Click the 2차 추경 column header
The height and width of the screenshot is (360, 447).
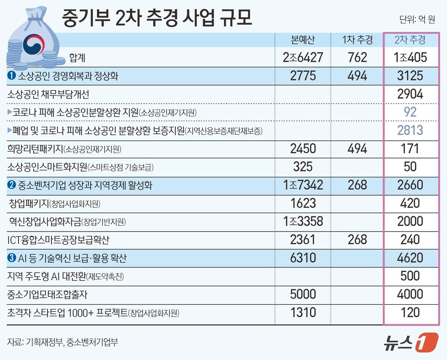click(x=410, y=40)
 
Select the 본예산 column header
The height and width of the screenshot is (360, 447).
click(x=303, y=40)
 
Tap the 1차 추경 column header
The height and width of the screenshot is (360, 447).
click(x=357, y=40)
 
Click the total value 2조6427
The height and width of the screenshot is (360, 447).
click(x=303, y=58)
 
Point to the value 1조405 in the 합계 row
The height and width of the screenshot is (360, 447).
click(x=410, y=58)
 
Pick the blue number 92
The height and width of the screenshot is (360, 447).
click(x=410, y=112)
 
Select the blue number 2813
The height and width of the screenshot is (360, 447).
click(x=410, y=130)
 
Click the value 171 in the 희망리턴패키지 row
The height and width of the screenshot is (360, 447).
click(x=410, y=149)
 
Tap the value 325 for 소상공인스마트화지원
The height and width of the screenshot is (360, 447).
click(x=303, y=167)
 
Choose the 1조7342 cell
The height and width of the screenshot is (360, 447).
click(x=303, y=185)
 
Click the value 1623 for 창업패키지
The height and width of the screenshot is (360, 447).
click(x=303, y=203)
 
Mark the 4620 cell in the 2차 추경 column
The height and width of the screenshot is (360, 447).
click(x=410, y=258)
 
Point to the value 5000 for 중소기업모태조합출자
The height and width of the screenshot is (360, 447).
click(x=303, y=294)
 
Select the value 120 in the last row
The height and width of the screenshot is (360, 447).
click(x=410, y=312)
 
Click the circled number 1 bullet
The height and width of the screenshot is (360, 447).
click(x=11, y=76)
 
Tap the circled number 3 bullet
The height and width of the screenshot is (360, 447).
click(x=11, y=258)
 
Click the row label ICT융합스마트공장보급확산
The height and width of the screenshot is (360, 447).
click(x=58, y=240)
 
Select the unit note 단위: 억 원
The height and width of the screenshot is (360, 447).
click(x=417, y=20)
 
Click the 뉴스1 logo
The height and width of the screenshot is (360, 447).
click(x=411, y=342)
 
